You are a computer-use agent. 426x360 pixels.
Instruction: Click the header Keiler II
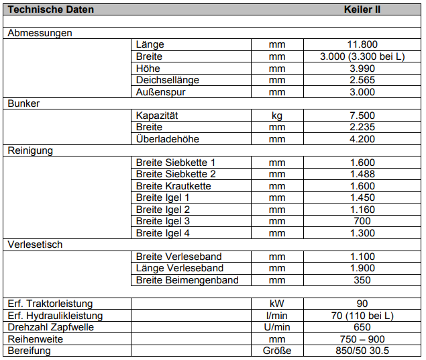coord(362,10)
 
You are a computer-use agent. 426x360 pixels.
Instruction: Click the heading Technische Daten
coord(50,10)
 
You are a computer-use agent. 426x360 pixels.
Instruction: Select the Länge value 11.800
coord(362,45)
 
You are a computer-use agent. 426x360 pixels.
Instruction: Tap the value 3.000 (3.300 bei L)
coord(362,57)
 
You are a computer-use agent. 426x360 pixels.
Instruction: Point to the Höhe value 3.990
coord(362,69)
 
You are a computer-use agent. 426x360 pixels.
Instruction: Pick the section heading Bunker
coord(23,104)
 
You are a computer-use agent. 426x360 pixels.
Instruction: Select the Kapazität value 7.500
coord(362,116)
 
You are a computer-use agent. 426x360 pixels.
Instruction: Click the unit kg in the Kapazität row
coord(277,116)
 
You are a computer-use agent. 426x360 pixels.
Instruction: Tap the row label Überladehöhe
coord(168,139)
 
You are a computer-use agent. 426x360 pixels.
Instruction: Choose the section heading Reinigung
coord(30,151)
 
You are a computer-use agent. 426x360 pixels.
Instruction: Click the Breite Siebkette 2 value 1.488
coord(362,174)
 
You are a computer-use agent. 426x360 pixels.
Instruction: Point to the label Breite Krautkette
coord(174,186)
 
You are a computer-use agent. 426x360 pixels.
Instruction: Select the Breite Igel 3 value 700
coord(362,221)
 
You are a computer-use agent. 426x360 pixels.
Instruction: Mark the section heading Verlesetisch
coord(35,244)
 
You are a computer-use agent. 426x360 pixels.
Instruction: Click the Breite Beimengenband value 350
coord(362,280)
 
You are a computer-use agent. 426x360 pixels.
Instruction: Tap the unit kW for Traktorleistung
coord(277,304)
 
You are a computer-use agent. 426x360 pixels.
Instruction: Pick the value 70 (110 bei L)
coord(362,316)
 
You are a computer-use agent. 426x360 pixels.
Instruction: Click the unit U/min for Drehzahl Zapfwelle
coord(277,327)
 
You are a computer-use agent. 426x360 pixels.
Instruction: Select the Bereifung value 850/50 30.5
coord(362,351)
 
